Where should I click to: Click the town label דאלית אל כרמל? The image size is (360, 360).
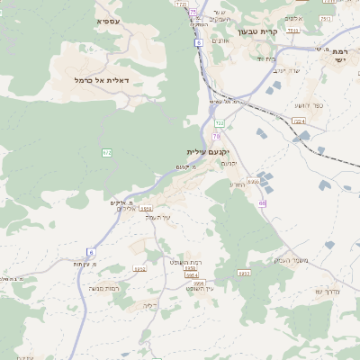tap(102, 80)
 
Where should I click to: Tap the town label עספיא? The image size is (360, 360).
tap(110, 19)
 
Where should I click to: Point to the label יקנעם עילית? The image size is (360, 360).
tap(208, 151)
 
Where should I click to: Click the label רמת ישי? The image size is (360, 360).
tap(338, 55)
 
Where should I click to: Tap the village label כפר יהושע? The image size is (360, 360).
tap(308, 106)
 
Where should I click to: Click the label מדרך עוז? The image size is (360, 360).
tap(330, 290)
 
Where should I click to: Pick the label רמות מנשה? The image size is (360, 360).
tap(106, 287)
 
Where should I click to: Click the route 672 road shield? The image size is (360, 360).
tap(107, 153)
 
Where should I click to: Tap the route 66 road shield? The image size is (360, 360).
tap(262, 204)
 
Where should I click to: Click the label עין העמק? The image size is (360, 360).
tap(158, 218)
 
